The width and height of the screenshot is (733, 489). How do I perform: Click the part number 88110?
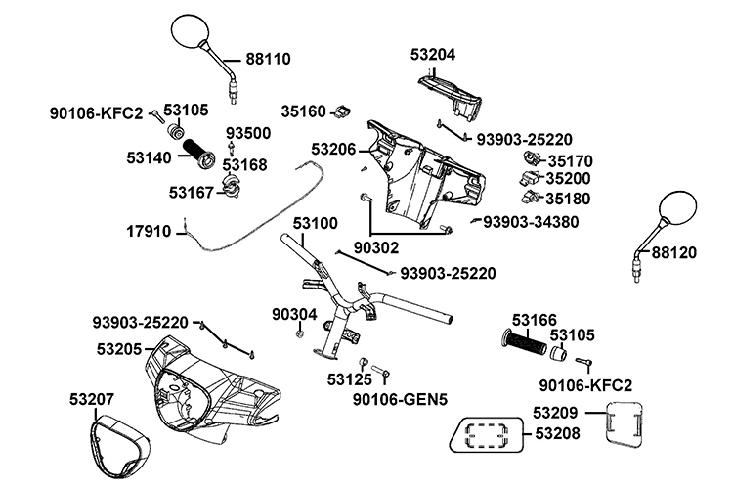tap(267, 60)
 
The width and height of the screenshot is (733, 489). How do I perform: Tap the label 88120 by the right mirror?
tap(675, 252)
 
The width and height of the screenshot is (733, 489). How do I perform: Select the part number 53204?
tap(434, 54)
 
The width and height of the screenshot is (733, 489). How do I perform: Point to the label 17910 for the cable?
tap(149, 232)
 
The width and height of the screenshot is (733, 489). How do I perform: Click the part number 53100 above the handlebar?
tap(315, 224)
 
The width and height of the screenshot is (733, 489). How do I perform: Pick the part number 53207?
tap(92, 399)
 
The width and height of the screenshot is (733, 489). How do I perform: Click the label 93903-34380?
tap(531, 222)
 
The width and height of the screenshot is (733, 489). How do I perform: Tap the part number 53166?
tap(534, 320)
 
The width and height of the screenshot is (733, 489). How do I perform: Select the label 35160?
tap(303, 111)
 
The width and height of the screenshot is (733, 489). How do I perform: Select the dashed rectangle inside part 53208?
tap(488, 432)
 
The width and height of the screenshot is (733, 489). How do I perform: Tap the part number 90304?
tap(295, 314)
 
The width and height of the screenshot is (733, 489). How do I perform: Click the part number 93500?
tap(249, 132)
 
